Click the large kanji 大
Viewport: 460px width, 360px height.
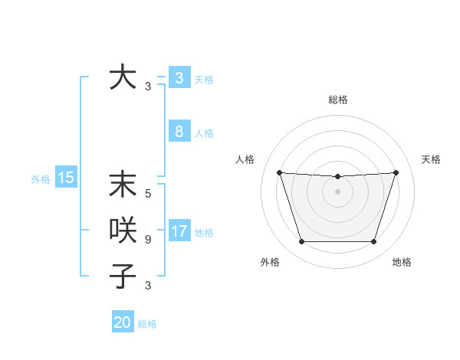[x=123, y=77]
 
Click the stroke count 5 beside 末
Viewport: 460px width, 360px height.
[x=148, y=194]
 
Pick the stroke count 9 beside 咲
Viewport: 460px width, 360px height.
[x=148, y=239]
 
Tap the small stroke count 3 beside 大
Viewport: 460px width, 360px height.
[x=148, y=87]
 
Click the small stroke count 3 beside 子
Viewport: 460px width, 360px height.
[x=148, y=285]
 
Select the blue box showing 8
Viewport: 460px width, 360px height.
[x=179, y=132]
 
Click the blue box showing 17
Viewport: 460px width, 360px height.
[x=179, y=231]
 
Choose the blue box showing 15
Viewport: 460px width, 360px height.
[x=65, y=178]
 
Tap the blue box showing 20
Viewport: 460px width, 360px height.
[x=122, y=322]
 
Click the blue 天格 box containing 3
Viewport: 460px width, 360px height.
[x=179, y=77]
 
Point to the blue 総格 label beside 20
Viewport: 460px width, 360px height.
[x=147, y=324]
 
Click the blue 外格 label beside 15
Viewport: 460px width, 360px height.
[x=41, y=180]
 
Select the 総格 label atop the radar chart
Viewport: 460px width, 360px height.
[x=338, y=100]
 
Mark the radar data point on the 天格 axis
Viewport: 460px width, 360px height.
[x=396, y=172]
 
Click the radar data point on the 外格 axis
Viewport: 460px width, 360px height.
[x=301, y=242]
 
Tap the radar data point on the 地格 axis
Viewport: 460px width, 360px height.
[x=373, y=242]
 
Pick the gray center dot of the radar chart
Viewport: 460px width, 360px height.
[x=337, y=191]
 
